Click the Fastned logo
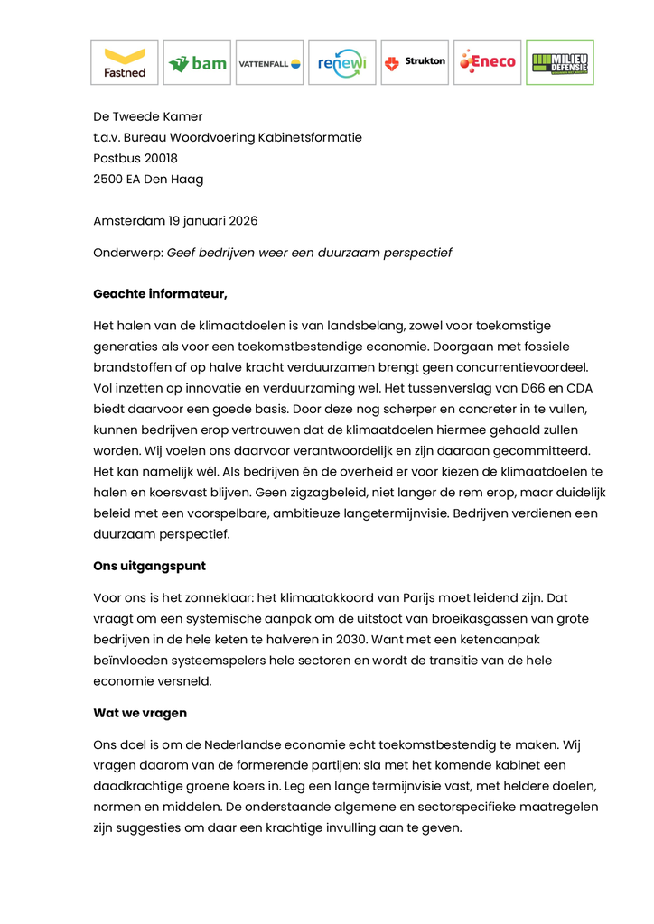tap(125, 62)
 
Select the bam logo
tap(197, 62)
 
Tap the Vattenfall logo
tap(269, 62)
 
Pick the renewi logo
tap(341, 62)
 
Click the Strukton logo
tap(415, 62)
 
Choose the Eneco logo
tap(487, 62)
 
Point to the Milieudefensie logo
tap(559, 62)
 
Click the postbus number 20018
tap(159, 158)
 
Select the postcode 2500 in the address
tap(107, 179)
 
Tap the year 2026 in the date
tap(244, 220)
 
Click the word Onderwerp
tap(126, 253)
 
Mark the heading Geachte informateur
tap(160, 293)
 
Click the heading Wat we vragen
tap(140, 713)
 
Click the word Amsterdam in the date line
tap(128, 220)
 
